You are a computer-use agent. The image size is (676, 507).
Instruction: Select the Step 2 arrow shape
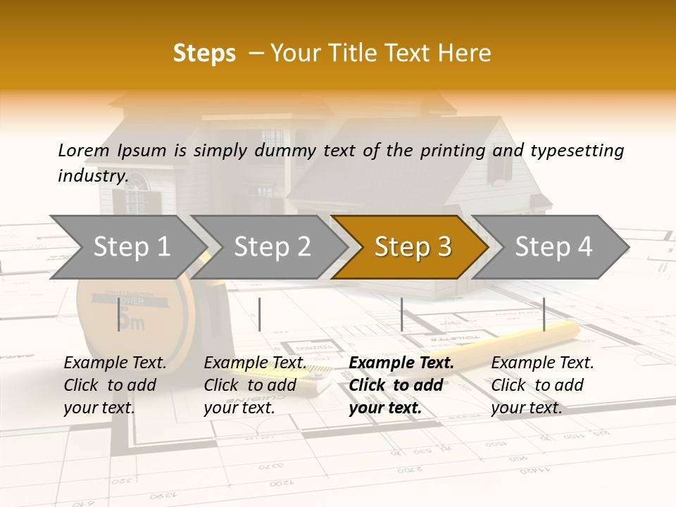tap(271, 247)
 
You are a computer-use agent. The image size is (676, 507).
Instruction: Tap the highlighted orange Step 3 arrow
tap(412, 247)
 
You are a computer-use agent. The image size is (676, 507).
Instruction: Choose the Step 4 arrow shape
tap(553, 247)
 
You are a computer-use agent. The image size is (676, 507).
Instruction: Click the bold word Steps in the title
tap(204, 54)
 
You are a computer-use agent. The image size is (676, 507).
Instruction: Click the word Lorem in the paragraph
tap(84, 150)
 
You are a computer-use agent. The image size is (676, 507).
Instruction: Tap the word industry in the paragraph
tap(92, 176)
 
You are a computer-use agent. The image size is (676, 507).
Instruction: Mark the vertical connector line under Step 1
tap(118, 314)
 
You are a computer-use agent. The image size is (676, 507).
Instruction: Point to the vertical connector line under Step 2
tap(260, 314)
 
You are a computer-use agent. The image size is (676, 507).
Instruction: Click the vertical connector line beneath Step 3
tap(401, 314)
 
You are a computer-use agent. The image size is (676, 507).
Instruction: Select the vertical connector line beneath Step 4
tap(544, 314)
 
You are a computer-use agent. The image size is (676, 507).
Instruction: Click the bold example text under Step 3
tap(400, 385)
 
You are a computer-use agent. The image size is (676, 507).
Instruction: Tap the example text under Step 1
tap(114, 385)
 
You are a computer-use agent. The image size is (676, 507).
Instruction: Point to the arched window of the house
tap(136, 184)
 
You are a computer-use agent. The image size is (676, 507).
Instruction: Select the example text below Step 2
tap(254, 385)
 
